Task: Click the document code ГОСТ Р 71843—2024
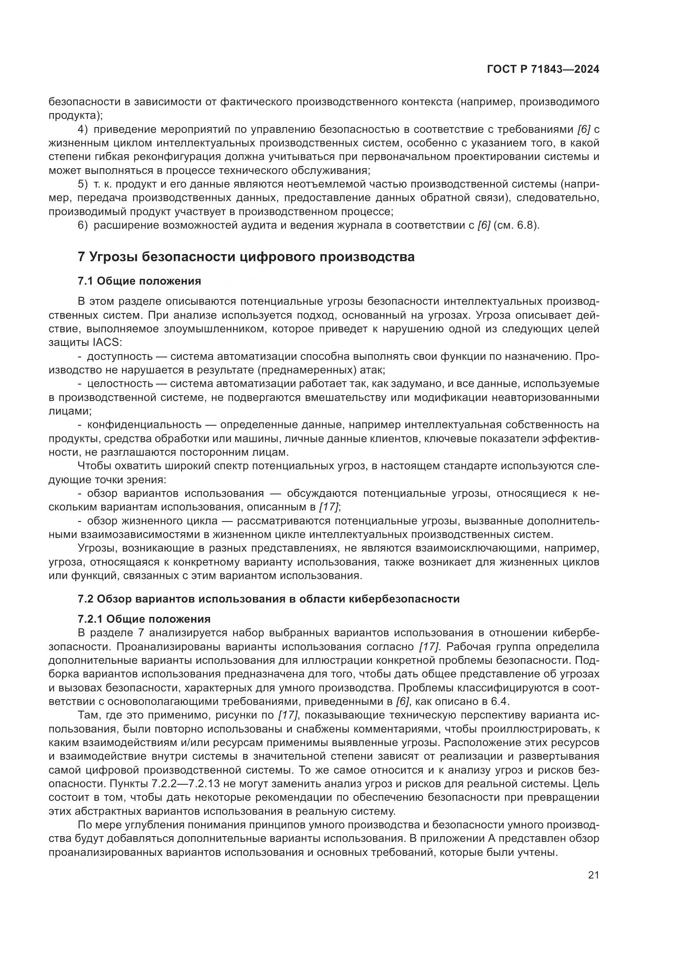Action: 543,70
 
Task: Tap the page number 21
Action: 593,875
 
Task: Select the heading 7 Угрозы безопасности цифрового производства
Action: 246,256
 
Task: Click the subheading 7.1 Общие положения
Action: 139,281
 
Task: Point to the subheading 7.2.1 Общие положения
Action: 144,619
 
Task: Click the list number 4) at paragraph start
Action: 83,129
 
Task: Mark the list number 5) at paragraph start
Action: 83,184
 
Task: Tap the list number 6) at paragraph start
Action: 83,225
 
